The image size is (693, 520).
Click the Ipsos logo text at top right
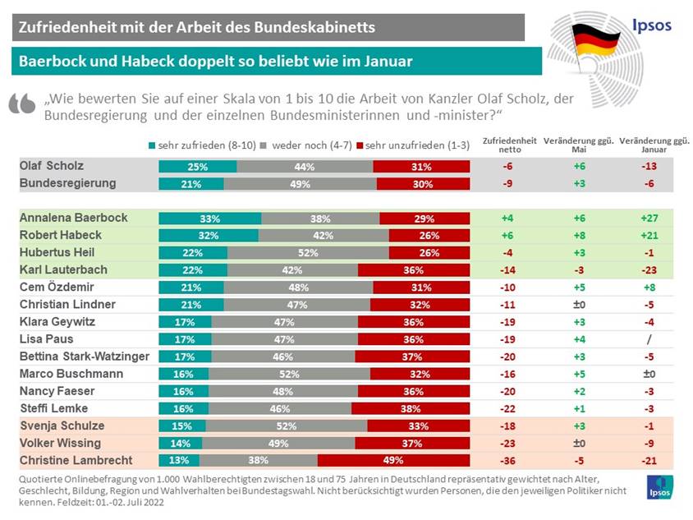coord(651,25)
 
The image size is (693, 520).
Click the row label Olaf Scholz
coord(51,165)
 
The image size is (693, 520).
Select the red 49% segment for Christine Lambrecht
coord(393,459)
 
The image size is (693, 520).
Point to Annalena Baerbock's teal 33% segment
coord(209,219)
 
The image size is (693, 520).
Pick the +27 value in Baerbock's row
coord(645,219)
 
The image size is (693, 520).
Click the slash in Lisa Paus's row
coord(645,339)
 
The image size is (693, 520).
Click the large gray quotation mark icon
coord(23,103)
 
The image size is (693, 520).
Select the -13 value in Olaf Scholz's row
coord(645,166)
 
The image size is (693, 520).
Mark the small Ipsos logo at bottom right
coord(660,485)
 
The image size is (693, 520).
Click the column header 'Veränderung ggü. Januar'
coord(645,145)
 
